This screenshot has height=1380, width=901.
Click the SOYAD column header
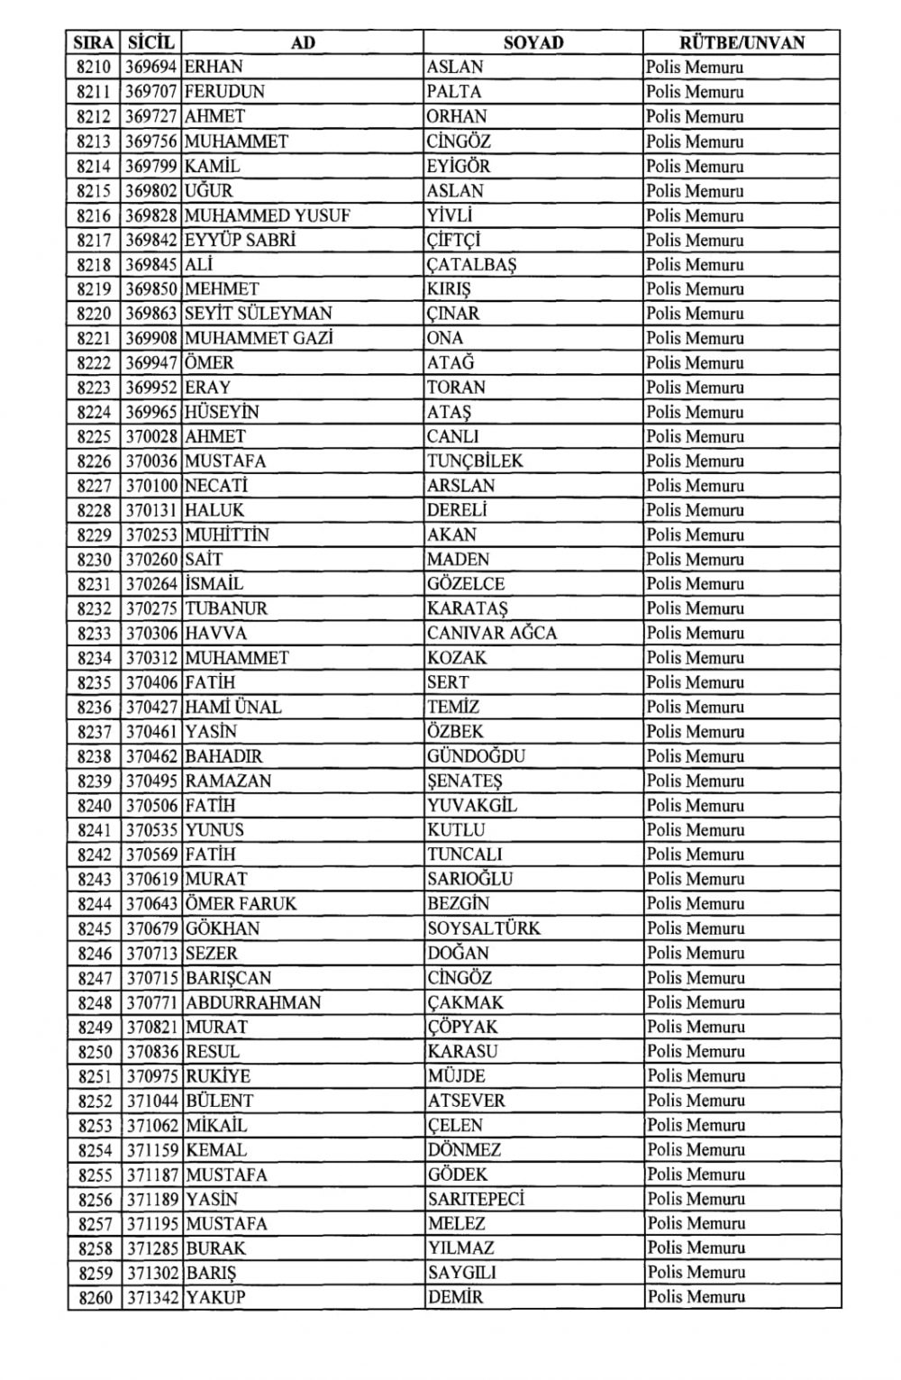pyautogui.click(x=532, y=42)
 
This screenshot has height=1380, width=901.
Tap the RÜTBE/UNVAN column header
pyautogui.click(x=742, y=42)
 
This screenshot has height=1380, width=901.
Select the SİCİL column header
pyautogui.click(x=151, y=42)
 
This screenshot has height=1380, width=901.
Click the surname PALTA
pyautogui.click(x=454, y=92)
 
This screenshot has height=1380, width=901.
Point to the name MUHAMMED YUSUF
pyautogui.click(x=267, y=215)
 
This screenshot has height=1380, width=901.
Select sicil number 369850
pyautogui.click(x=151, y=289)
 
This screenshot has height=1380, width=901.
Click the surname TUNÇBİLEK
pyautogui.click(x=475, y=462)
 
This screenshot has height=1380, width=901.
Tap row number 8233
pyautogui.click(x=94, y=634)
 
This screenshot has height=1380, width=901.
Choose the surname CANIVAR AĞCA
pyautogui.click(x=492, y=634)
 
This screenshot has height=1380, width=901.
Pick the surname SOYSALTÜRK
pyautogui.click(x=484, y=928)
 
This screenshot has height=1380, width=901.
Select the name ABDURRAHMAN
pyautogui.click(x=253, y=1002)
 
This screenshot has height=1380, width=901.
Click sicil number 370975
pyautogui.click(x=151, y=1076)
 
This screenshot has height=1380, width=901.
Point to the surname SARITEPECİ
pyautogui.click(x=476, y=1200)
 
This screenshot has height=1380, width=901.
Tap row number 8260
pyautogui.click(x=94, y=1298)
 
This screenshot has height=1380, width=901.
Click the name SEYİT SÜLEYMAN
pyautogui.click(x=259, y=314)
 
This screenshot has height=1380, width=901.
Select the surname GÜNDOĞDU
pyautogui.click(x=476, y=756)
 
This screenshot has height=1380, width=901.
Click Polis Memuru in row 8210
pyautogui.click(x=695, y=68)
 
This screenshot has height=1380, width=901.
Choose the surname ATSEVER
pyautogui.click(x=466, y=1101)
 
